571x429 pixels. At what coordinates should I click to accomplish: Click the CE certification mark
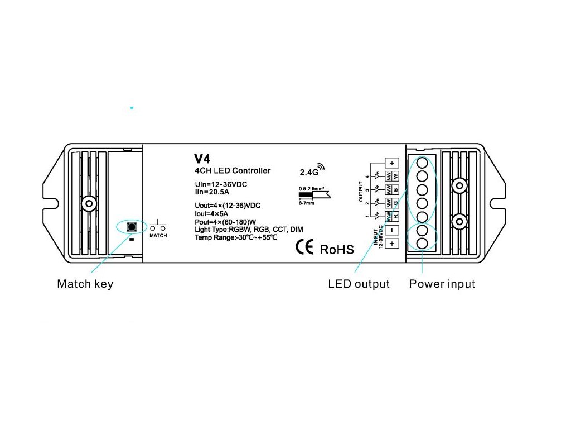point(305,247)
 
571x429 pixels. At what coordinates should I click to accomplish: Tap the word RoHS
point(337,249)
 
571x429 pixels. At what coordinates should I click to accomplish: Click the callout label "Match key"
point(85,284)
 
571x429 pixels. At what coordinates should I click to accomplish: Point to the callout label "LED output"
point(359,284)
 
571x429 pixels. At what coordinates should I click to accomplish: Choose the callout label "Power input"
point(442,284)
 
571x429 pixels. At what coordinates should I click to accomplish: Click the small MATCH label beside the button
point(158,236)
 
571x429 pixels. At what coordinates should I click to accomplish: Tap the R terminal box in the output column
point(395,216)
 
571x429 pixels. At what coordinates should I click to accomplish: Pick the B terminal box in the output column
point(395,190)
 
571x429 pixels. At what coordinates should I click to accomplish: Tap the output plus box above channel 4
point(392,163)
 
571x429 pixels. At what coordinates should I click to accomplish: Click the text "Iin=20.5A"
point(208,192)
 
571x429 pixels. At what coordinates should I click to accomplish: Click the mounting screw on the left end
point(88,203)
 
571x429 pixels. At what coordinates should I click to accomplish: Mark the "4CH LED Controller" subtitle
point(233,171)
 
